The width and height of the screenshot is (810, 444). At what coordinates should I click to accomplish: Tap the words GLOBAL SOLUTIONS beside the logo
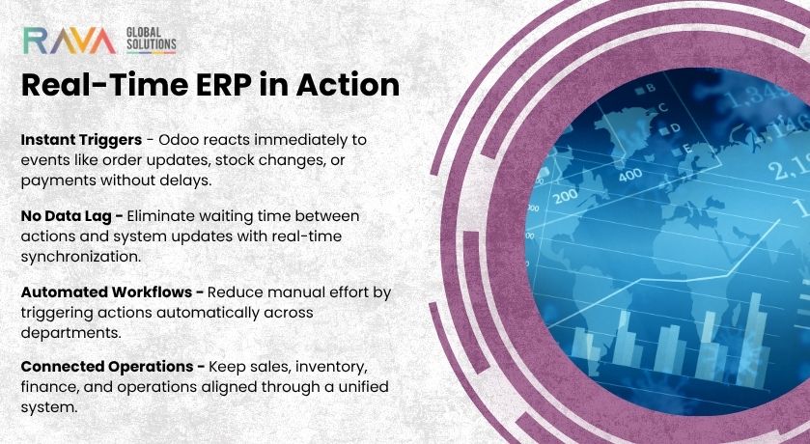click(x=151, y=42)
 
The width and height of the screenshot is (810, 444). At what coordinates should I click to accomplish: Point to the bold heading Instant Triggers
click(x=81, y=140)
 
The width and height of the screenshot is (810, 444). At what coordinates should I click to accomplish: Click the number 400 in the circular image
click(x=630, y=176)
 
